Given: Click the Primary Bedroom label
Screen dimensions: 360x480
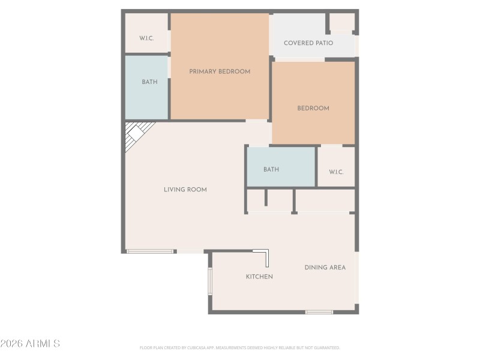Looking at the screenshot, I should tap(220, 71).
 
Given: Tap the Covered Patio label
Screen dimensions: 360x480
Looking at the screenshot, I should tap(308, 43).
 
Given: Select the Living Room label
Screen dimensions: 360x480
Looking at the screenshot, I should tap(185, 190).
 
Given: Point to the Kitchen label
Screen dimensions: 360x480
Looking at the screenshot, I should tap(259, 277).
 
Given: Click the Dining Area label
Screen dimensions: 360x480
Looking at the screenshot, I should tap(325, 268).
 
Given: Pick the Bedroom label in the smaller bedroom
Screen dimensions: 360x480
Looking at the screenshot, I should tap(313, 109).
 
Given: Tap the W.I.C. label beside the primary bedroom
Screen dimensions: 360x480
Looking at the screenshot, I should tap(146, 38).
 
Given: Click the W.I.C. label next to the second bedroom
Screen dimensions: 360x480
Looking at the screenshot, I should tap(336, 172).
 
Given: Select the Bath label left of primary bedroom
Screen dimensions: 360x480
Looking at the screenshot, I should tap(149, 82).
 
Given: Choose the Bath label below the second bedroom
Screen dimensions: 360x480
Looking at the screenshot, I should tap(271, 170).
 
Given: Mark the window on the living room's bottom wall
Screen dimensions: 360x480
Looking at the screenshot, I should tap(150, 251).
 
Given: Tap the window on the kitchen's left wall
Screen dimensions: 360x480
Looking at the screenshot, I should tap(210, 281).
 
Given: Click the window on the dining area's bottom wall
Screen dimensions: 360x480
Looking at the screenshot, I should tap(319, 312).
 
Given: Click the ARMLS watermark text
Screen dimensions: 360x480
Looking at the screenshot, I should tap(30, 344).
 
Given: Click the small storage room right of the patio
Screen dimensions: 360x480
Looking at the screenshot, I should tap(342, 22).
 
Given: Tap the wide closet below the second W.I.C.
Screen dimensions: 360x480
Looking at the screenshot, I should tap(325, 200).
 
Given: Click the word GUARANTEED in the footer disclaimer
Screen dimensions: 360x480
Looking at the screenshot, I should tap(327, 347).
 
